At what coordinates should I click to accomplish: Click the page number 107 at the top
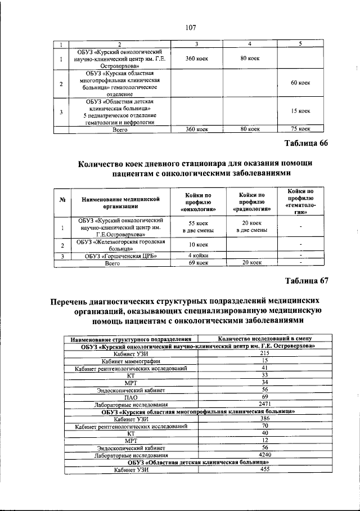pos(189,26)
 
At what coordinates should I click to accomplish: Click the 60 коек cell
pos(300,83)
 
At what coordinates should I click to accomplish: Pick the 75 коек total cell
pos(300,129)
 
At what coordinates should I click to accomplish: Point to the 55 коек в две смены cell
pos(196,227)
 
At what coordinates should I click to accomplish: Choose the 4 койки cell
pos(196,255)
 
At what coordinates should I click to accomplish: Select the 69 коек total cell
pos(196,262)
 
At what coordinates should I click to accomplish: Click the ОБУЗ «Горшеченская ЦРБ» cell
pos(120,255)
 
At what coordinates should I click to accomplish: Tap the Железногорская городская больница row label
pos(120,244)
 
